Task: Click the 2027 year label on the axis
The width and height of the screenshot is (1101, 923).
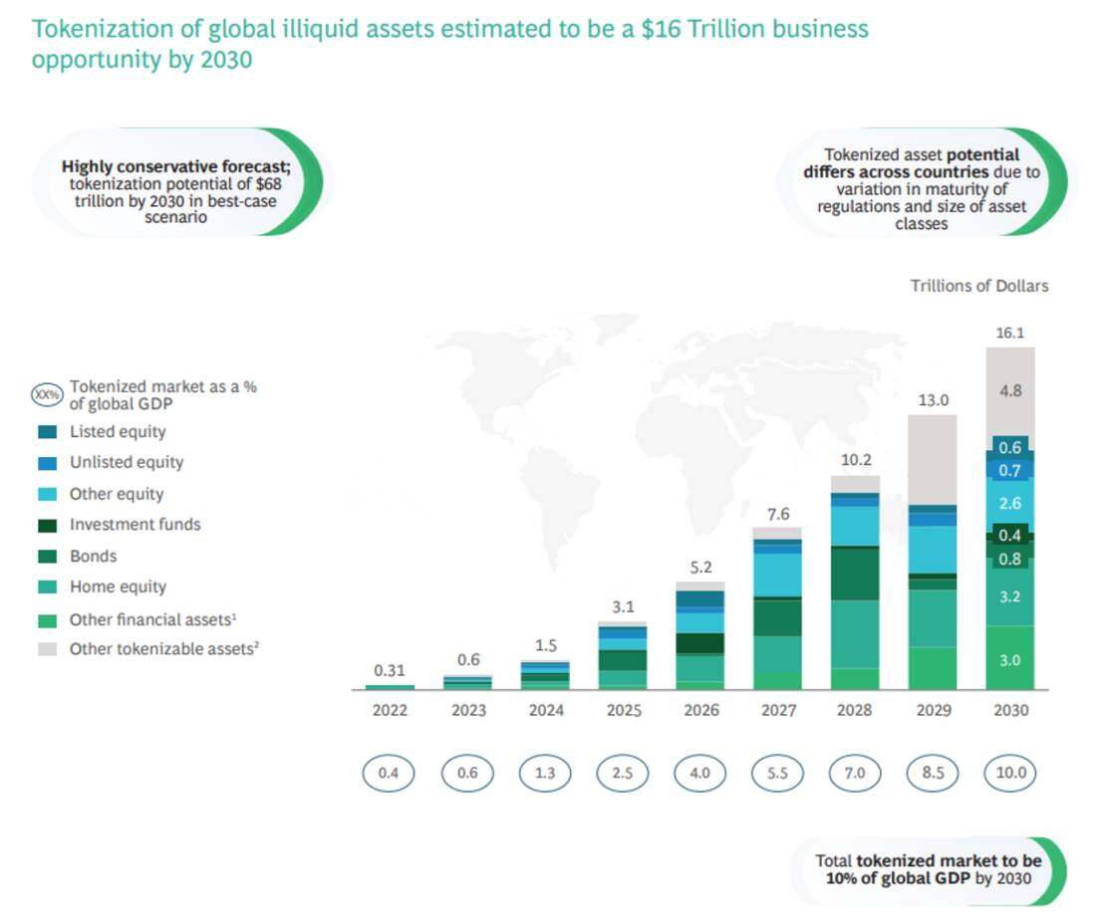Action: pyautogui.click(x=778, y=711)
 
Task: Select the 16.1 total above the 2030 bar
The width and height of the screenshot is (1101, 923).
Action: pyautogui.click(x=1010, y=334)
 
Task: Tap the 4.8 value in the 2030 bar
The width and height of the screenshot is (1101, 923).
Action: pyautogui.click(x=1010, y=391)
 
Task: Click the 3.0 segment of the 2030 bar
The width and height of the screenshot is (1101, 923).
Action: pyautogui.click(x=1010, y=660)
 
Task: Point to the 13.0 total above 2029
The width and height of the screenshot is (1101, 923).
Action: pyautogui.click(x=933, y=400)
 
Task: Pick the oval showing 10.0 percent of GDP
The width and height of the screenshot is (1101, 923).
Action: pyautogui.click(x=1010, y=773)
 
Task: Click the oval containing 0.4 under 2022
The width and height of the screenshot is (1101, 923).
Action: pyautogui.click(x=389, y=773)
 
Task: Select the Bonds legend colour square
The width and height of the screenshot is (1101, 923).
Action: pyautogui.click(x=47, y=557)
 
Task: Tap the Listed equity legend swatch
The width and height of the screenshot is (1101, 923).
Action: pyautogui.click(x=47, y=432)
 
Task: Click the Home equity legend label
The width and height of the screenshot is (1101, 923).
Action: pyautogui.click(x=118, y=587)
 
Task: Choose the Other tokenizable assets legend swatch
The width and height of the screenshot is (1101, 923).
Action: pyautogui.click(x=47, y=649)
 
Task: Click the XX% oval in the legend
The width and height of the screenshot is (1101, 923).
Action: pyautogui.click(x=47, y=394)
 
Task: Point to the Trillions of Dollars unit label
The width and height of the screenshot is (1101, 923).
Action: pyautogui.click(x=978, y=286)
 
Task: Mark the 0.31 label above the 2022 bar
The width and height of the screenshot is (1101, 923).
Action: pyautogui.click(x=390, y=671)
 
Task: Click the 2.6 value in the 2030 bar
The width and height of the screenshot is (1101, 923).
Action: pyautogui.click(x=1010, y=504)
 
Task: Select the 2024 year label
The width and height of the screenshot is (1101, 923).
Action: pyautogui.click(x=545, y=711)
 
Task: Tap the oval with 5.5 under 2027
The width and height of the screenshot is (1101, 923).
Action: pyautogui.click(x=778, y=773)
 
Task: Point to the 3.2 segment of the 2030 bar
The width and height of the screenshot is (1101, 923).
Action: pyautogui.click(x=1010, y=596)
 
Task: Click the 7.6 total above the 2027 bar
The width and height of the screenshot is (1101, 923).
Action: pyautogui.click(x=778, y=514)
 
